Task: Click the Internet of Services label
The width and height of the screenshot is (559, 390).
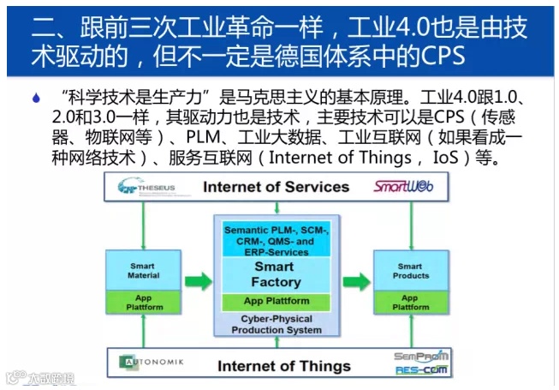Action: click(276, 186)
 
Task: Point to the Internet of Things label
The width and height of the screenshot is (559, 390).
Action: click(283, 366)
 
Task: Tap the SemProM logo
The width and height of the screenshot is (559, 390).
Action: click(421, 356)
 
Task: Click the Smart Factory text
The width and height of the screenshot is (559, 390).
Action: click(275, 274)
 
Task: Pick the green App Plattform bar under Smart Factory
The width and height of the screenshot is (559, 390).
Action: click(276, 302)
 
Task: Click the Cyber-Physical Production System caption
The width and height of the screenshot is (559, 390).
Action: click(276, 324)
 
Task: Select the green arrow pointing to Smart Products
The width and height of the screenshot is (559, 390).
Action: click(356, 280)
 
